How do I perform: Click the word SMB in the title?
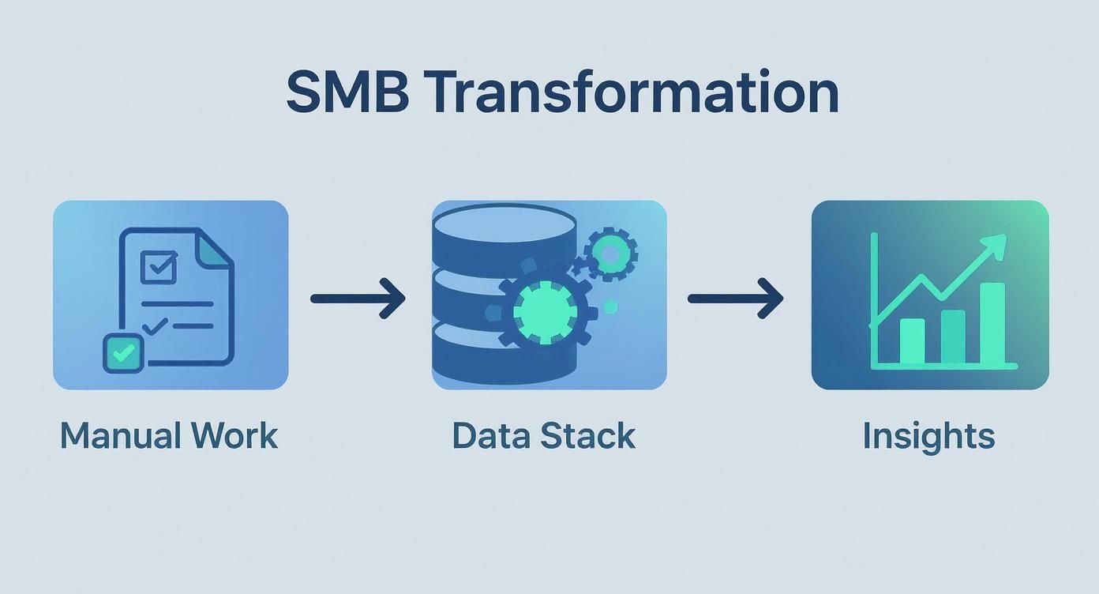(x=347, y=93)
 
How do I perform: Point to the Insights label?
(x=928, y=436)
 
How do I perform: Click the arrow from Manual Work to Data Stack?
(x=358, y=299)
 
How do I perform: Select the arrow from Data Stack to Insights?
(x=735, y=299)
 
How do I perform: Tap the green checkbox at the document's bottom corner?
(x=123, y=353)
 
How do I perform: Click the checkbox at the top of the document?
(x=159, y=267)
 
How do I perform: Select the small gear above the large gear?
(x=610, y=253)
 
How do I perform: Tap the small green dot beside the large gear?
(x=610, y=306)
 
